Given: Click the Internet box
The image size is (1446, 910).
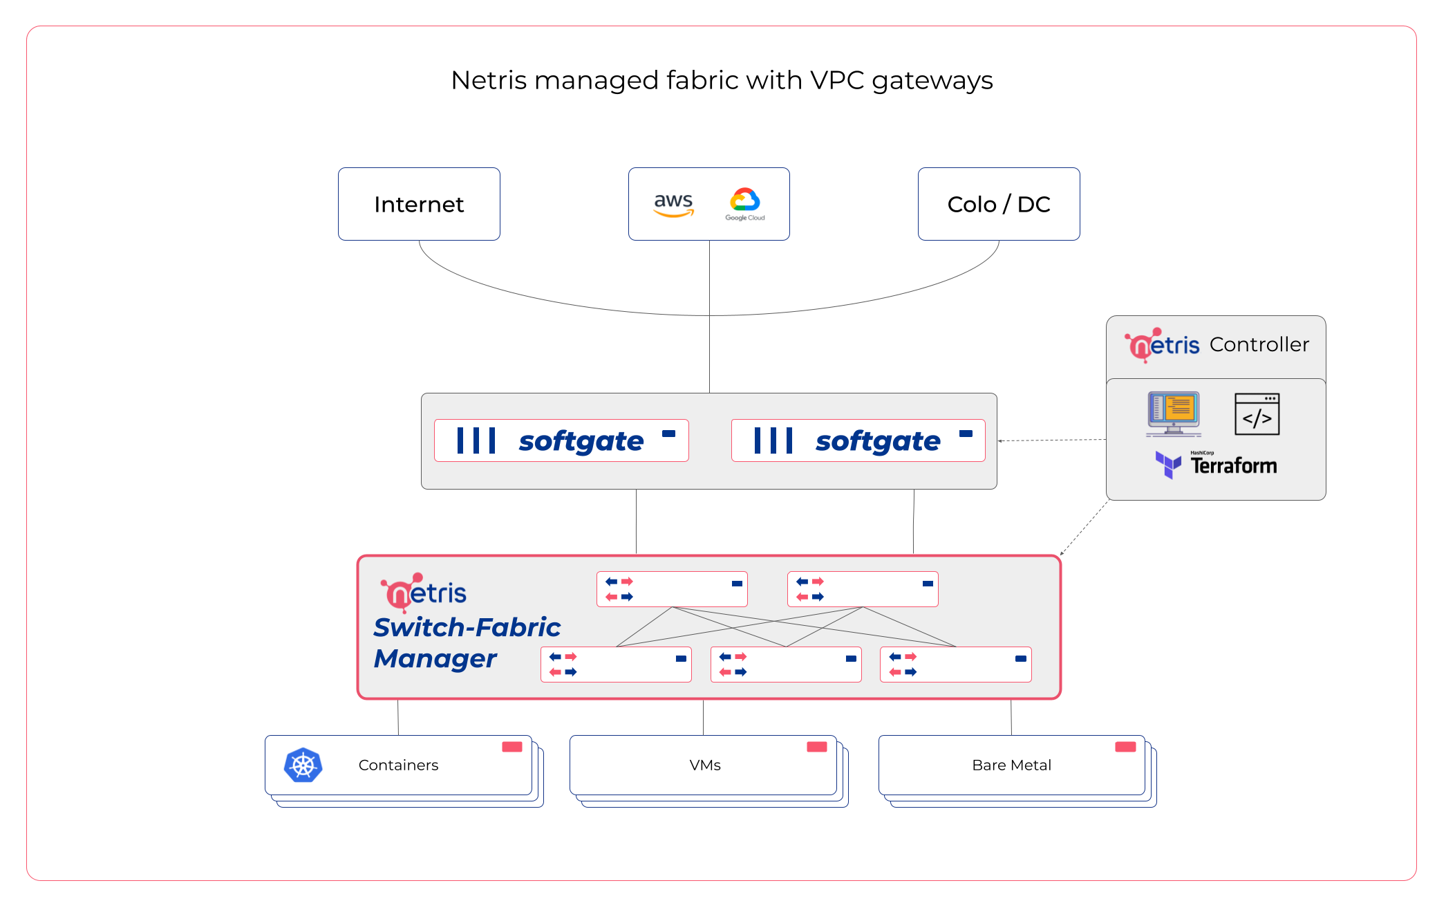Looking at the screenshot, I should [419, 204].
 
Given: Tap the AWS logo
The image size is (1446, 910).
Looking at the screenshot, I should [673, 204].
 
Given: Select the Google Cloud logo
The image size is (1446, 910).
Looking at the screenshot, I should [745, 203].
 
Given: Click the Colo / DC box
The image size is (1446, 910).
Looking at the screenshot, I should [999, 204].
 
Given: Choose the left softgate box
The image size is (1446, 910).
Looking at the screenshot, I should [561, 440].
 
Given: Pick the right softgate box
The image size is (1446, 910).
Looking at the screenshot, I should [858, 440].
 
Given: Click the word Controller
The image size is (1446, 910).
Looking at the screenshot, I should [1259, 344].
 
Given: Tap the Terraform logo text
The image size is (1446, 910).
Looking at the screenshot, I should [1233, 465].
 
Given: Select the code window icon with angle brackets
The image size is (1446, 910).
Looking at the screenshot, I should [1257, 414].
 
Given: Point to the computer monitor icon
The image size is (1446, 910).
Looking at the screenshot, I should [1174, 414].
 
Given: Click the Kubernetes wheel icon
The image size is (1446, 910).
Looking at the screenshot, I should [303, 765].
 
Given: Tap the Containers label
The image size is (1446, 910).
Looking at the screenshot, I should [398, 765].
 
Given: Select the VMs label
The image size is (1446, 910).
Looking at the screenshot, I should [705, 765].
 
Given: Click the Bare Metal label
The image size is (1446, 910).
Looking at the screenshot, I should [1011, 765].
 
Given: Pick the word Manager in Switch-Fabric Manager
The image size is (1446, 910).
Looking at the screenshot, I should [435, 659].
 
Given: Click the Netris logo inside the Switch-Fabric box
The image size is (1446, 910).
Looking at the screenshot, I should [424, 593].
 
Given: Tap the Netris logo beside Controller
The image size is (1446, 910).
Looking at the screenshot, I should [1163, 345].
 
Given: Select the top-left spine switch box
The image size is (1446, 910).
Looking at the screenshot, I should [672, 589].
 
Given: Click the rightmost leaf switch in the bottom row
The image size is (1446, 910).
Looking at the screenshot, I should [955, 665].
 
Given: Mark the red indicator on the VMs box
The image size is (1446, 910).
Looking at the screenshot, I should [817, 747].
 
